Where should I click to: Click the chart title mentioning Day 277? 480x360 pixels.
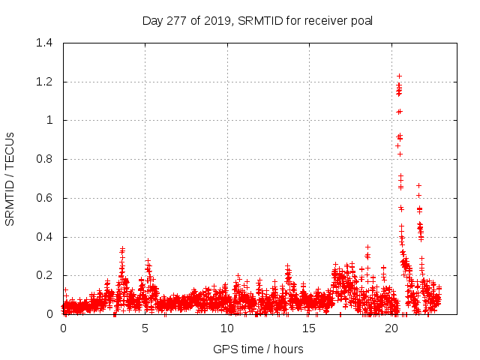click(257, 20)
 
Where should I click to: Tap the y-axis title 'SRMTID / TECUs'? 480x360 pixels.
click(10, 178)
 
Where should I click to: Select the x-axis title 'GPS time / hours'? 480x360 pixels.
click(258, 349)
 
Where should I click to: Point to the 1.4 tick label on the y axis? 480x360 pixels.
click(44, 43)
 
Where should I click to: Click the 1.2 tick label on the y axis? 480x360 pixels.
click(44, 82)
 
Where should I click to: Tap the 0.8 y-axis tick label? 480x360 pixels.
click(44, 159)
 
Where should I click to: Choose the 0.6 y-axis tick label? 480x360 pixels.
click(44, 198)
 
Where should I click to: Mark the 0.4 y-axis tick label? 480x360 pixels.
click(44, 237)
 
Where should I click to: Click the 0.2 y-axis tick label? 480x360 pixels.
click(44, 276)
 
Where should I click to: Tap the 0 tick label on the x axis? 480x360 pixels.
click(63, 328)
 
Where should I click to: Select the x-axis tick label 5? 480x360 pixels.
click(145, 328)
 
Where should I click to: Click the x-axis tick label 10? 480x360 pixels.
click(227, 328)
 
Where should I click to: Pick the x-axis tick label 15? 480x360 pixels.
click(310, 328)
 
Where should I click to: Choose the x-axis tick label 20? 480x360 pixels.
click(391, 328)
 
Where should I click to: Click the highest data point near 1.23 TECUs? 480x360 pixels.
click(399, 76)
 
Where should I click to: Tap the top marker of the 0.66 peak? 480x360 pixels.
click(418, 185)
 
